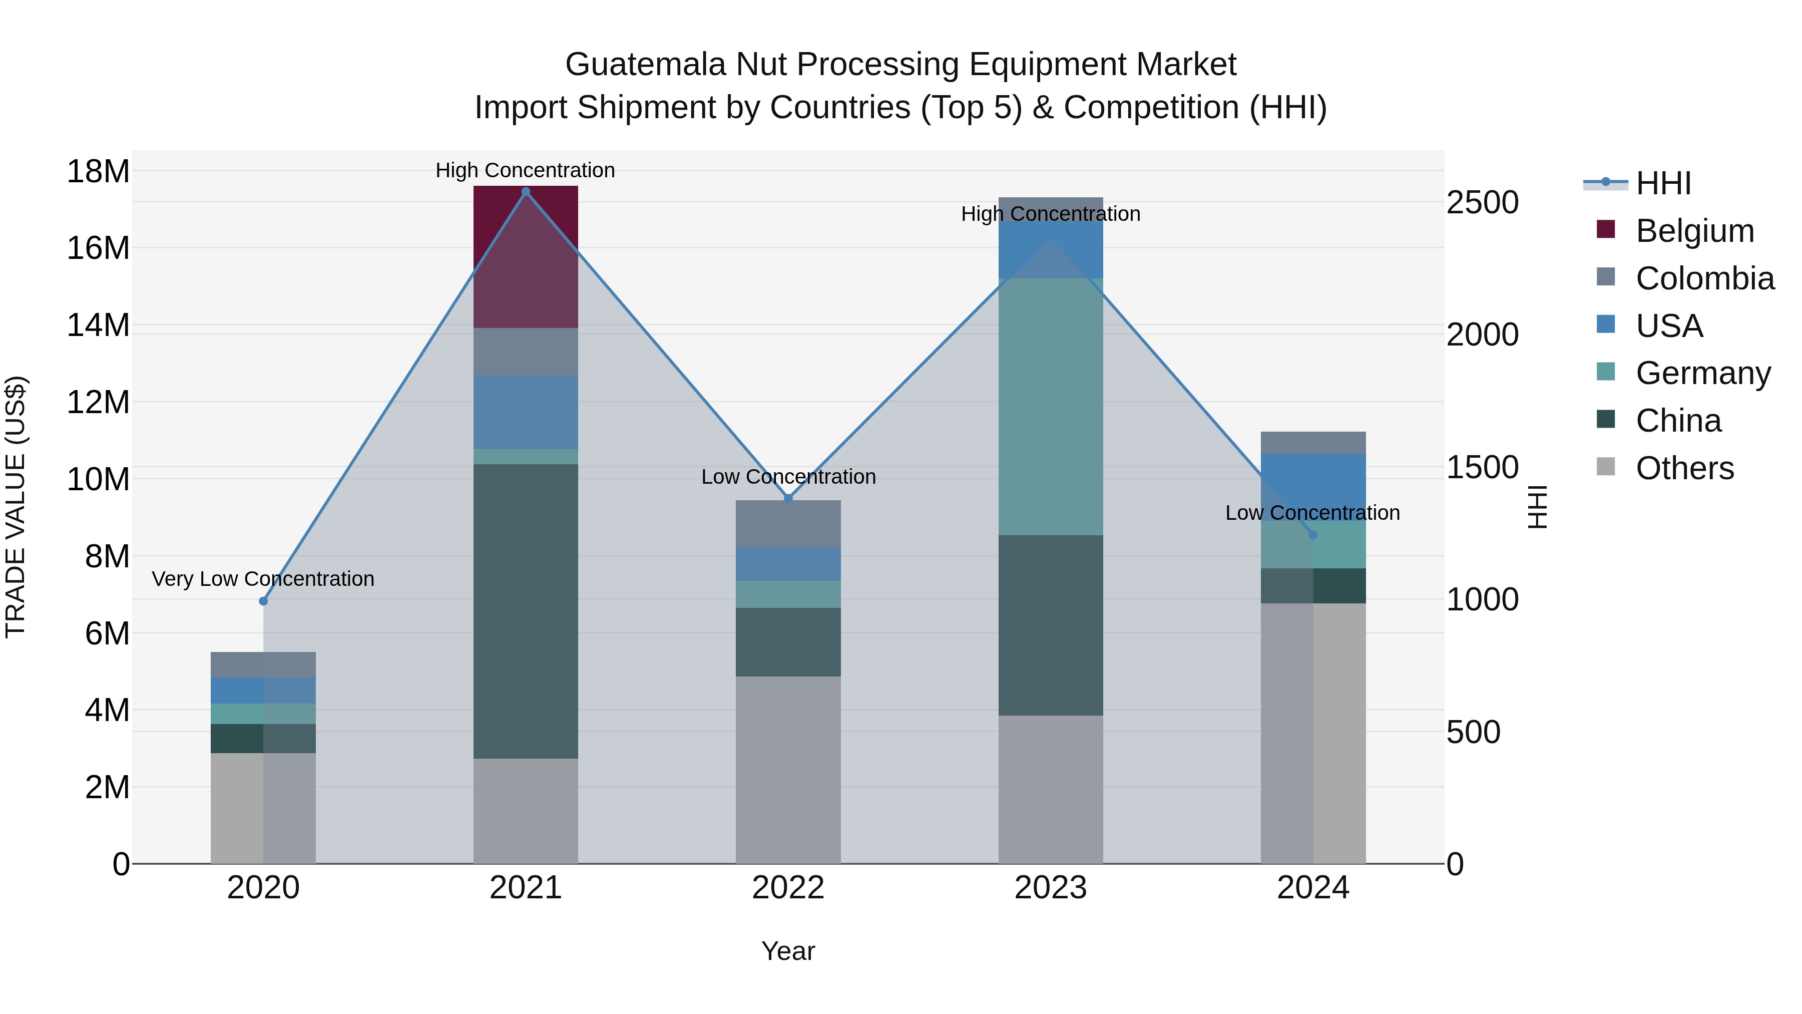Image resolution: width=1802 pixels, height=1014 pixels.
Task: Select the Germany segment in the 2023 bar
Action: pyautogui.click(x=1050, y=406)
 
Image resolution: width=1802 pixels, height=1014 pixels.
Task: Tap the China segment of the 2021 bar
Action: pyautogui.click(x=526, y=610)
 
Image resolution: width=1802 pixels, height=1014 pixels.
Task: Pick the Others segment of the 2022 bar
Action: pyautogui.click(x=788, y=769)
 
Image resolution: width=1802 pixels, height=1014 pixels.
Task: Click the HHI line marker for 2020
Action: pyautogui.click(x=263, y=601)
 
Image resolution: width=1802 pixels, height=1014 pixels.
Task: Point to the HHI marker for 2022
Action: pyautogui.click(x=788, y=498)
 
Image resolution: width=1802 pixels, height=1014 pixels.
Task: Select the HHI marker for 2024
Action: pyautogui.click(x=1312, y=535)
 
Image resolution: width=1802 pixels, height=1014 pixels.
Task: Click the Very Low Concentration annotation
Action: pyautogui.click(x=263, y=579)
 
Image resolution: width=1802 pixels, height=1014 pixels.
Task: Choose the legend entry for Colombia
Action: pyautogui.click(x=1704, y=278)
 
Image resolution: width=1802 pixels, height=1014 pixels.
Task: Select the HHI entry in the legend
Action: pyautogui.click(x=1663, y=183)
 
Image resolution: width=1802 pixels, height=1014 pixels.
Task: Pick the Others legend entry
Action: pyautogui.click(x=1684, y=468)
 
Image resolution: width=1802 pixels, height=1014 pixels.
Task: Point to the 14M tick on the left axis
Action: pyautogui.click(x=98, y=325)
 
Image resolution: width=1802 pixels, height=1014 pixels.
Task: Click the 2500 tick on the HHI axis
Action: pyautogui.click(x=1482, y=202)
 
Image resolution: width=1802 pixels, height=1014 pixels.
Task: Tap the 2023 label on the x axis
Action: pyautogui.click(x=1050, y=888)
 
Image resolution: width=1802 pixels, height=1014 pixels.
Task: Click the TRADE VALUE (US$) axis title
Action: pyautogui.click(x=16, y=507)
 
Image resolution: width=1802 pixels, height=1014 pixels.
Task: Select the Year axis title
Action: pyautogui.click(x=788, y=951)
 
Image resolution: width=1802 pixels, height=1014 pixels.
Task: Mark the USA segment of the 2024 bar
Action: pyautogui.click(x=1312, y=486)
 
